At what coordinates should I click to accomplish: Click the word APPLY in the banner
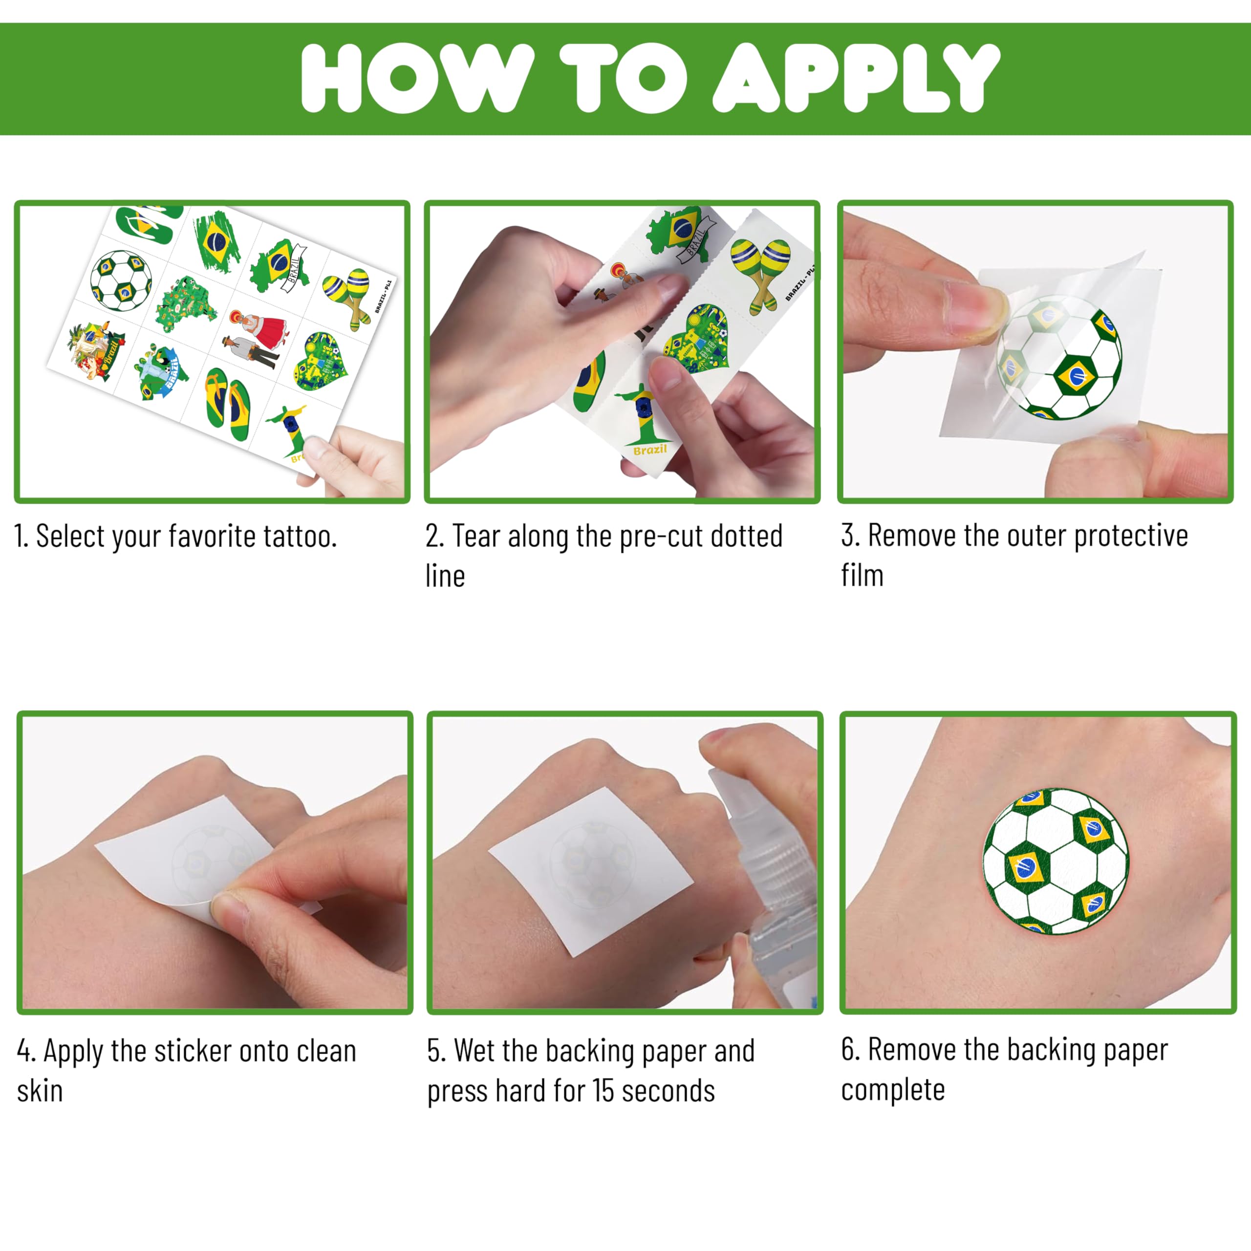[x=856, y=78]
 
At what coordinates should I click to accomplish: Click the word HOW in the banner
[x=418, y=78]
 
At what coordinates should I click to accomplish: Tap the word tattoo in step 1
[x=299, y=536]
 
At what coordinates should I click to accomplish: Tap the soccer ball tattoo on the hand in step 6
[x=1056, y=861]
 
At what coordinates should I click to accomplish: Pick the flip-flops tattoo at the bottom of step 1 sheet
[x=227, y=404]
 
